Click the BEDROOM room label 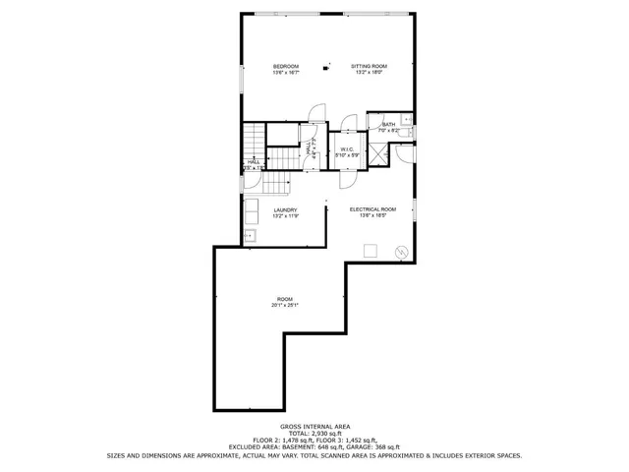[286, 66]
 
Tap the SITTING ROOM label [370, 66]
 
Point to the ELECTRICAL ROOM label [372, 209]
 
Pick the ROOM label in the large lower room [285, 299]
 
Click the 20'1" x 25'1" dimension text [285, 306]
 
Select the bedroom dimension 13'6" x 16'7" [286, 73]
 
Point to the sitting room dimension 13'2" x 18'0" [370, 73]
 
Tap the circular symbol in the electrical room [401, 253]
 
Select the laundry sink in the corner [250, 235]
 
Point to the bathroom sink [407, 119]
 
